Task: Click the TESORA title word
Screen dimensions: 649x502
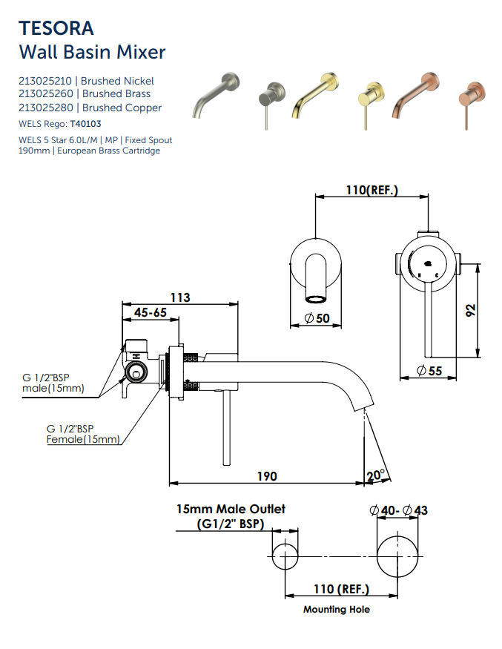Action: [x=56, y=28]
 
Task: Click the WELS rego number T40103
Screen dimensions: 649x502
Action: [x=85, y=124]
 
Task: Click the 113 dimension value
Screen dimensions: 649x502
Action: [x=180, y=297]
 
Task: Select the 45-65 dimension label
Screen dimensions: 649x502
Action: [x=150, y=313]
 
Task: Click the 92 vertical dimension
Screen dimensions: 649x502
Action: [x=470, y=311]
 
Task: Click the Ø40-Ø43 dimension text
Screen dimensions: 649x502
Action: [x=398, y=510]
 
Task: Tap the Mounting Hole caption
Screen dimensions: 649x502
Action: [x=336, y=610]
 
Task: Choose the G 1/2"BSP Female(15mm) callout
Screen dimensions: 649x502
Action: [x=82, y=434]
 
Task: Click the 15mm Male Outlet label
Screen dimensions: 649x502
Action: [x=230, y=510]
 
